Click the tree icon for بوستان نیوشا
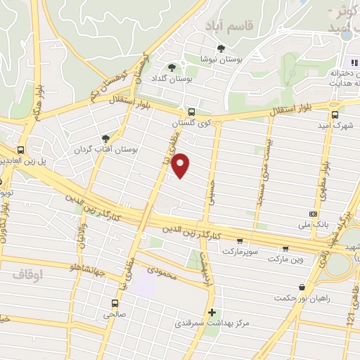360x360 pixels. point(221,49)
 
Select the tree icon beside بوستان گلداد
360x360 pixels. point(172,67)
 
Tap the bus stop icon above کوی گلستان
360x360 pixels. point(191,112)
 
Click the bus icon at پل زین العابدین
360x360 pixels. point(22,150)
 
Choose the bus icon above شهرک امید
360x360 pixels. point(335,114)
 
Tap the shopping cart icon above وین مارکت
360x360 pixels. point(285,248)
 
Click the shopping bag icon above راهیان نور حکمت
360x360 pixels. point(302,287)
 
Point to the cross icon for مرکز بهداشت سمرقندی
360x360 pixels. point(212,312)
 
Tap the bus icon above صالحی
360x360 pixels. point(114,304)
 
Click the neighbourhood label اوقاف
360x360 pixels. point(27,276)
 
